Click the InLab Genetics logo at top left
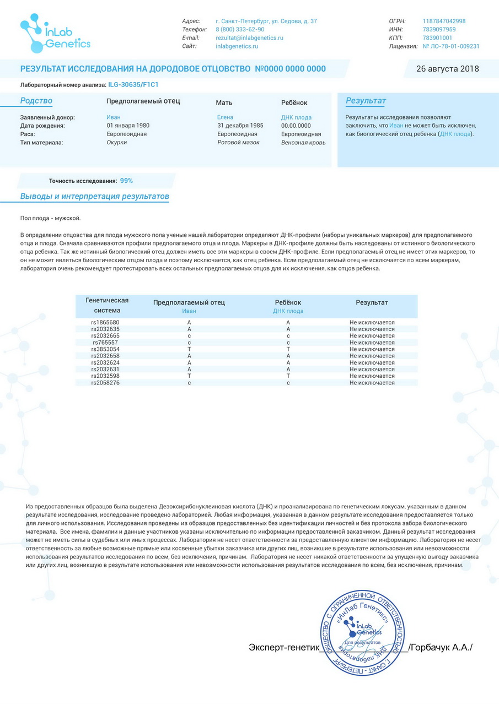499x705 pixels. (55, 34)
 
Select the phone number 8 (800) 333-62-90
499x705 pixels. (240, 30)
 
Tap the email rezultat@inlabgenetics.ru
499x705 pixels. (249, 38)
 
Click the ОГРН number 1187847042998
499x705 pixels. (444, 21)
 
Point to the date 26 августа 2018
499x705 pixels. (447, 69)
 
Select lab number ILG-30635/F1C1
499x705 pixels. (133, 85)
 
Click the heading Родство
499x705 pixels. (36, 101)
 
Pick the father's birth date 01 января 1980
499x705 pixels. (128, 126)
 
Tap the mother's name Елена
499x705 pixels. (225, 117)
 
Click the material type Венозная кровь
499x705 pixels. (303, 143)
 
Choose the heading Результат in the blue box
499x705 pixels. (366, 101)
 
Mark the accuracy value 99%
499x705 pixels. (126, 181)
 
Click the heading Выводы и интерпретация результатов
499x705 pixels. (94, 197)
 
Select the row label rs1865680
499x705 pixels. (105, 322)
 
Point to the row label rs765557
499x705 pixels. (105, 343)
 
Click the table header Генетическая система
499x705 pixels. (107, 305)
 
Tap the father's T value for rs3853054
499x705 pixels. (189, 349)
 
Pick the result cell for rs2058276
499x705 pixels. (372, 383)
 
